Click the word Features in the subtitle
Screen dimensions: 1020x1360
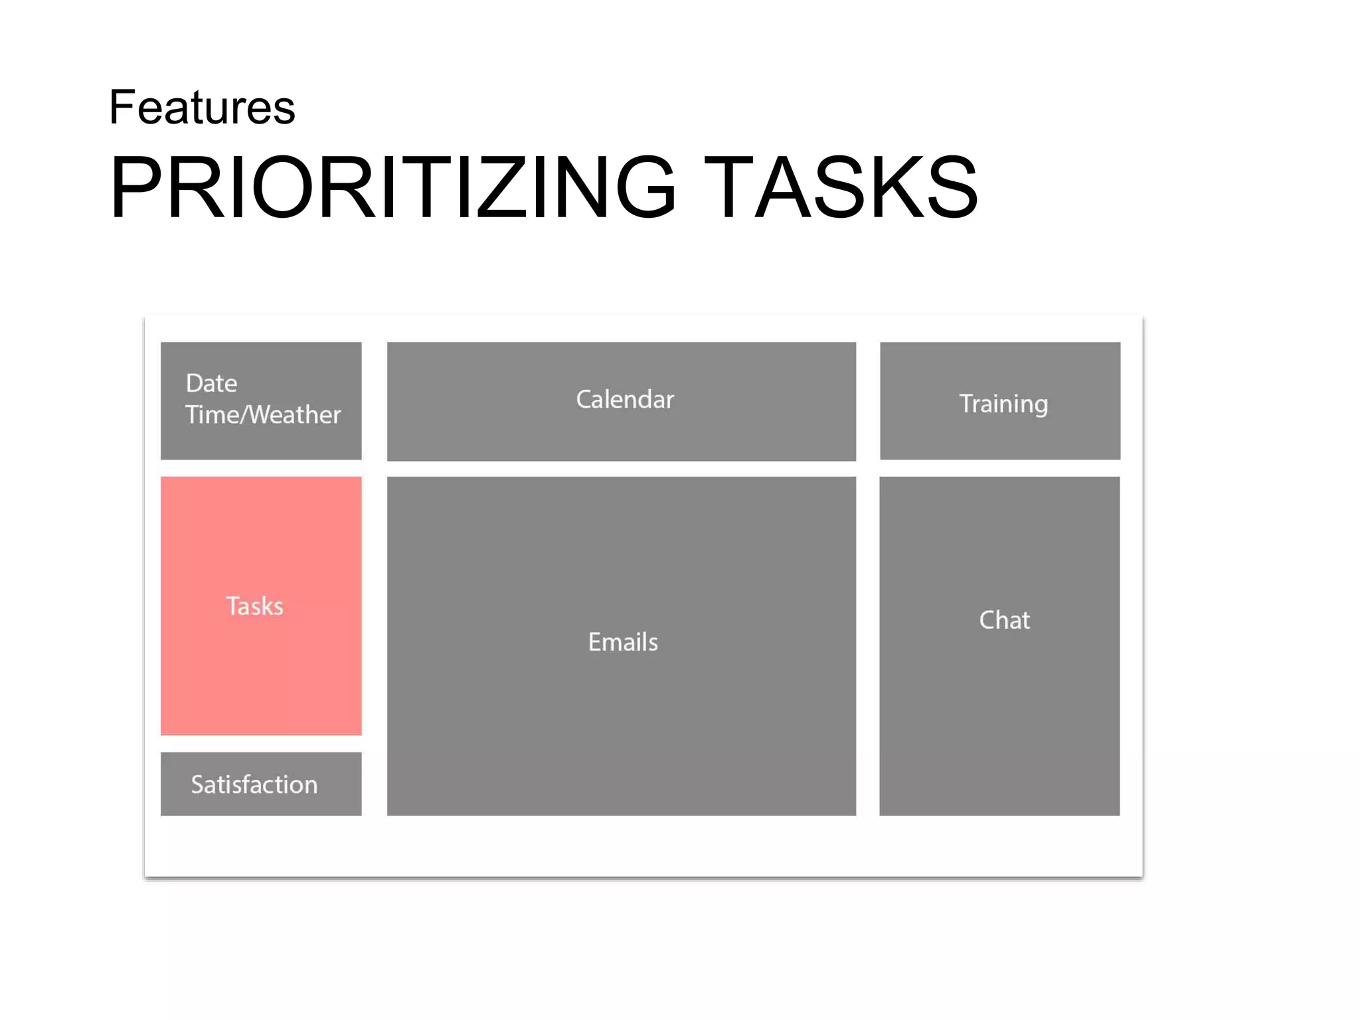point(202,108)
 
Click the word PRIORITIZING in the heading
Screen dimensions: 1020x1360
point(392,187)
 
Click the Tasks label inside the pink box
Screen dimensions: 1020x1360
point(254,606)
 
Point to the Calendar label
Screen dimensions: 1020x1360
point(624,400)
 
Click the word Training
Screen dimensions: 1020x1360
point(1003,404)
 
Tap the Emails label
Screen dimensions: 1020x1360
point(623,642)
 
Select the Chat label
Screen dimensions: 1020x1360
point(1004,620)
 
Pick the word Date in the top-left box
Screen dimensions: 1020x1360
point(211,383)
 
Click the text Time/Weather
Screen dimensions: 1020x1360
point(263,415)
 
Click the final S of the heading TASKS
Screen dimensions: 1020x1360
point(952,187)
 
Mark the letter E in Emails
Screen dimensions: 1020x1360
point(594,642)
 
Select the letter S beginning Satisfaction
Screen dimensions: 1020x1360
point(197,785)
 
